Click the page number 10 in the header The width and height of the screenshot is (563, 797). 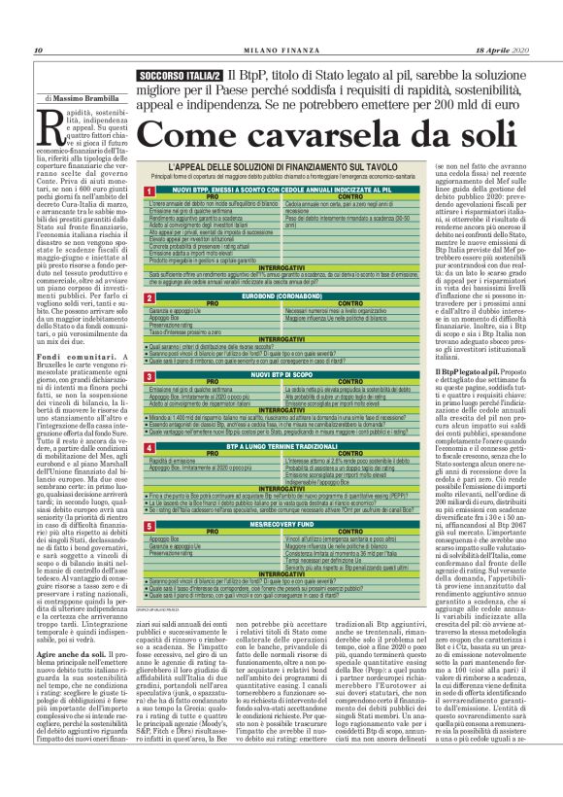click(38, 51)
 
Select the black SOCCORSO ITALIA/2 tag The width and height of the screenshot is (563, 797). click(181, 75)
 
